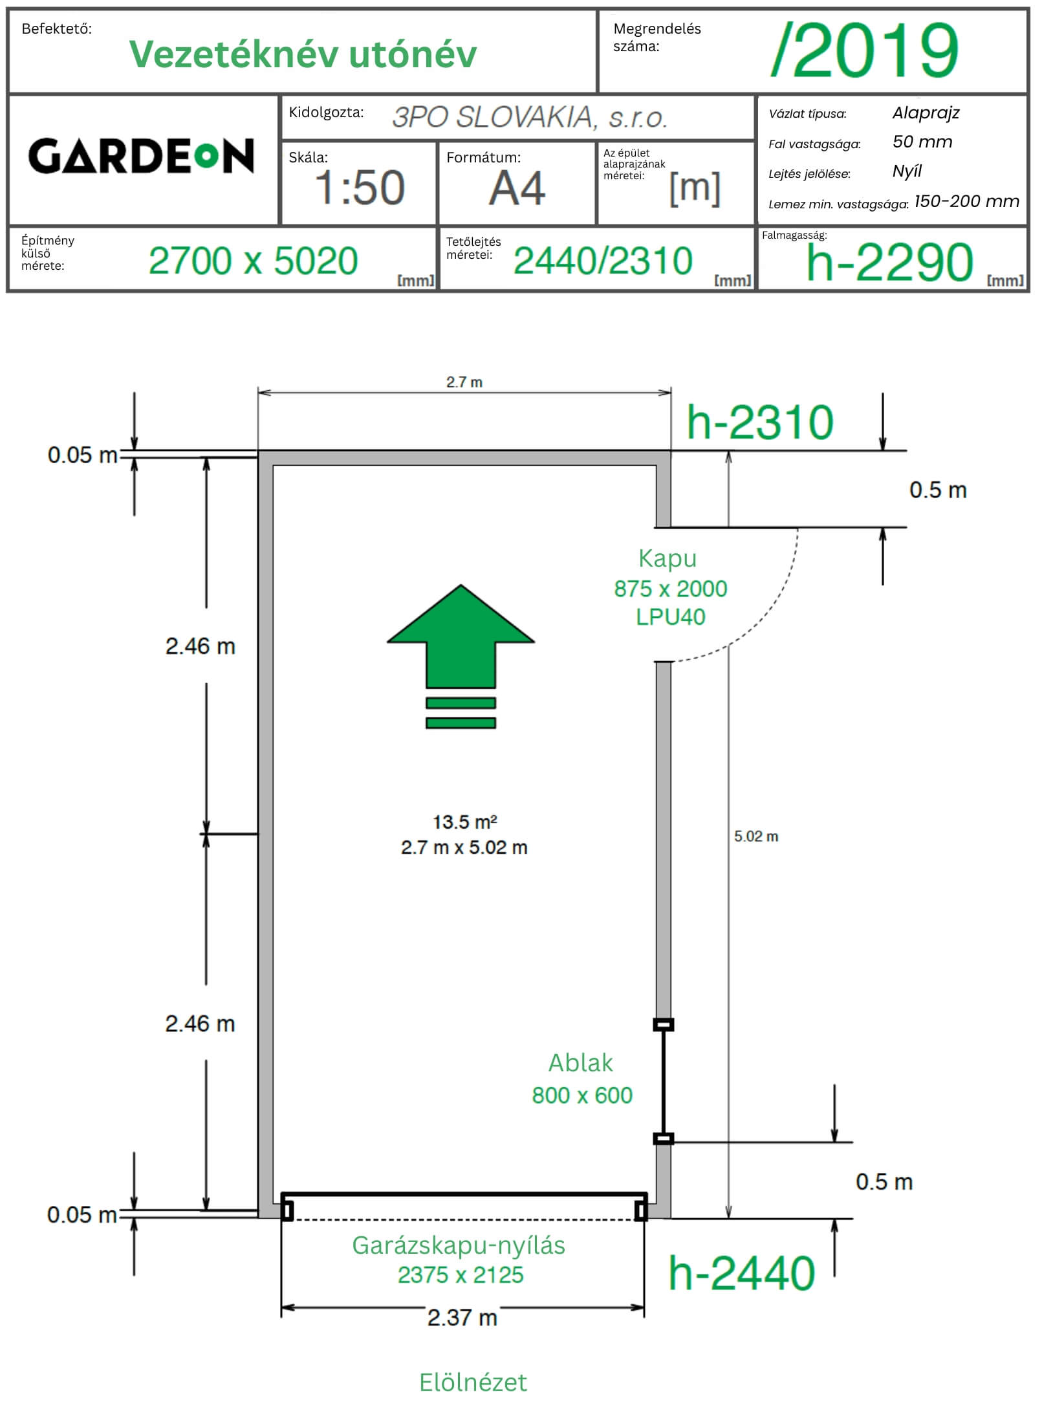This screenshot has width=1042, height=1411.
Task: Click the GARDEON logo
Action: click(141, 156)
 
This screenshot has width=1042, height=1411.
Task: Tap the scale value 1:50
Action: click(360, 188)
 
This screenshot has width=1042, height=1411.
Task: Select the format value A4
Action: click(517, 188)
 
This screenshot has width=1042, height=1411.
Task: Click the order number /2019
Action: click(865, 50)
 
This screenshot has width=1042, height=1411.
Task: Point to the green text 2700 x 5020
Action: click(253, 261)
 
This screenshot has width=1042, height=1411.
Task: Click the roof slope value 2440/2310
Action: click(603, 261)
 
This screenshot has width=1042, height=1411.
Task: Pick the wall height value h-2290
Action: click(889, 262)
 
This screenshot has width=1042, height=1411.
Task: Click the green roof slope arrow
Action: click(461, 656)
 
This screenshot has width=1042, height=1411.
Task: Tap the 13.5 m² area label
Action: click(464, 822)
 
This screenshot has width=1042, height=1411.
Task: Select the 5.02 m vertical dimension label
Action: click(756, 837)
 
